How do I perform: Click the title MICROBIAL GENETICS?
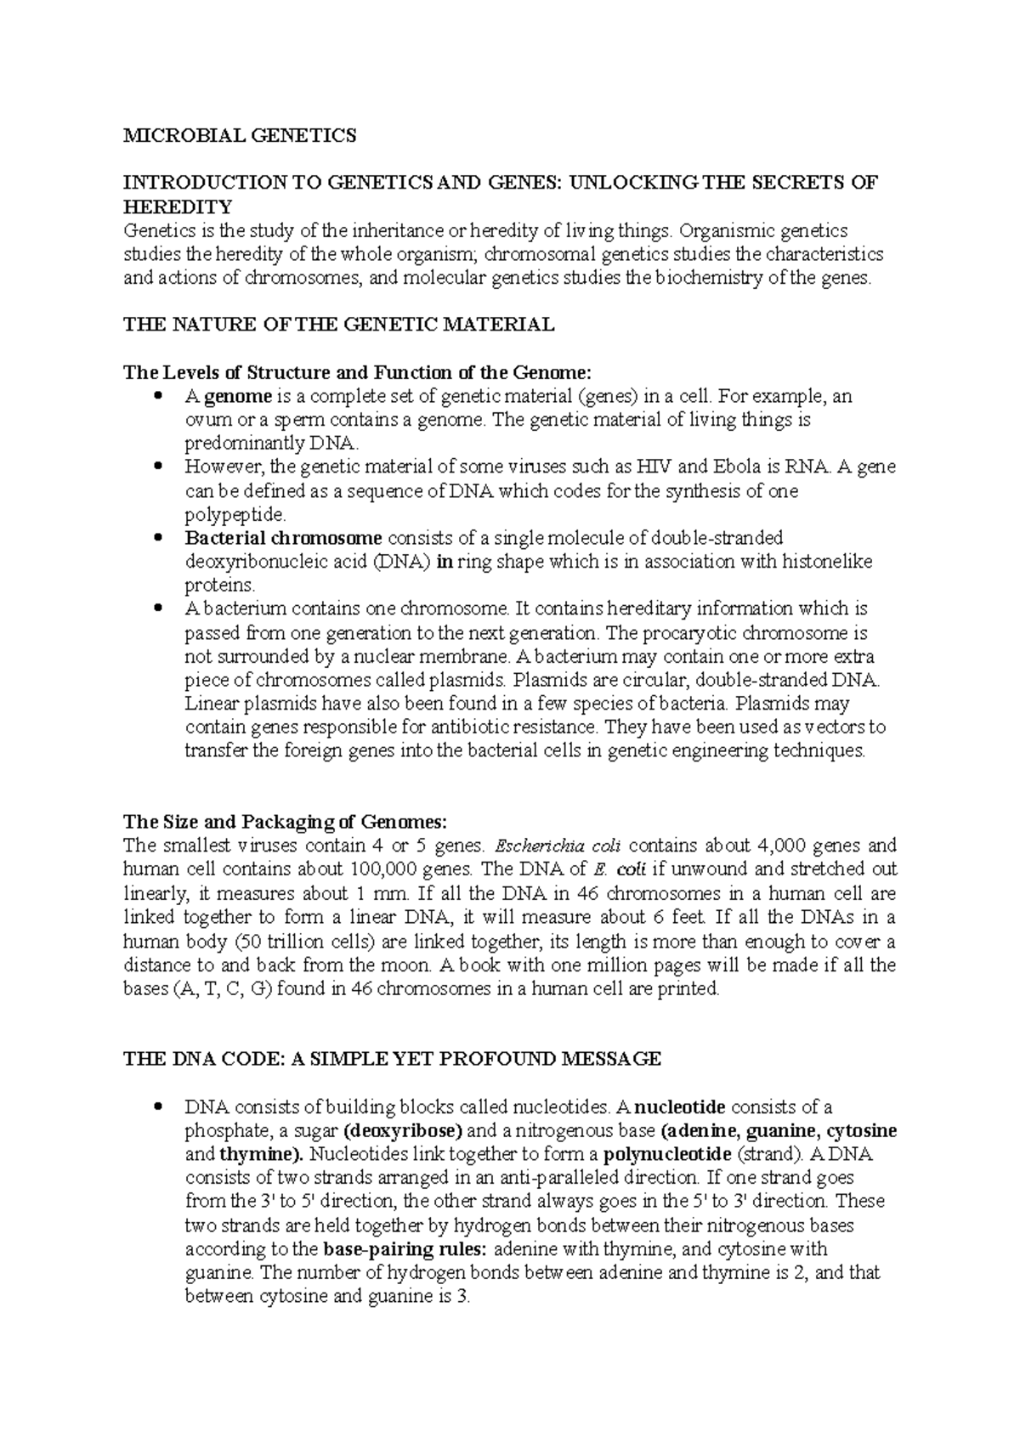click(x=241, y=134)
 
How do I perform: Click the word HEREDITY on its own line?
click(x=178, y=207)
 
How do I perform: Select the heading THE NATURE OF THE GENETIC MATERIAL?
click(x=338, y=324)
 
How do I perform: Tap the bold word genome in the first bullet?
click(x=240, y=396)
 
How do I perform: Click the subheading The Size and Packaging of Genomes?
click(x=285, y=822)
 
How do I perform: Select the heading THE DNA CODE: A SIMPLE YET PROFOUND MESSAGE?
click(x=392, y=1059)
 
